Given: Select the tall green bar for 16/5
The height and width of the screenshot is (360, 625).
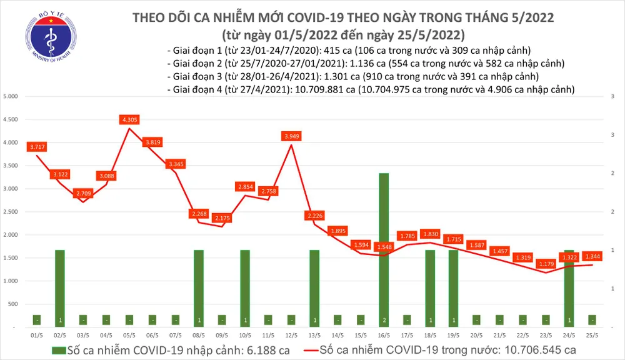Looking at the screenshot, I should point(384,250).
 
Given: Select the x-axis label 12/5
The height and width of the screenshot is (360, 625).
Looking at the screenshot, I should point(291,335).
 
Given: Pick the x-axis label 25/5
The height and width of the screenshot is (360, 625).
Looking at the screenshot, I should point(591,335).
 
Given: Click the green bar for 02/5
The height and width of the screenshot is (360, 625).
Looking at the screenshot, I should point(60,287).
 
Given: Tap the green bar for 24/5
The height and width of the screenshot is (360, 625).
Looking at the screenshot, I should point(568,287).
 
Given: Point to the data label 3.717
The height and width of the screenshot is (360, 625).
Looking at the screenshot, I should point(37,147).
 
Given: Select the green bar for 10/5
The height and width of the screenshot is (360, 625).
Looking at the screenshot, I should point(245,287).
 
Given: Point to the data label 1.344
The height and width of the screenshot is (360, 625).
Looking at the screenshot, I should point(592,256).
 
